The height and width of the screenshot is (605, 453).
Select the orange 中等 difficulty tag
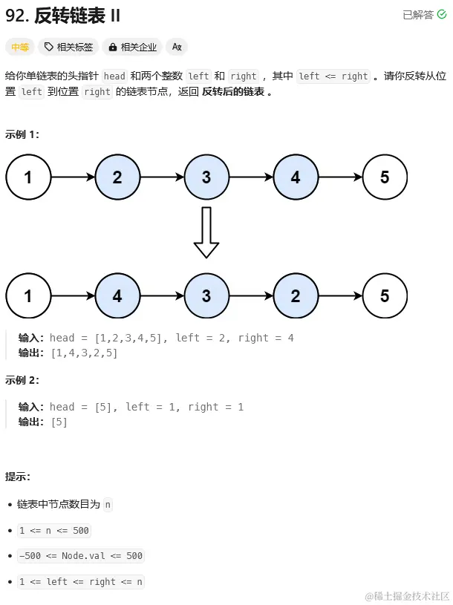[19, 47]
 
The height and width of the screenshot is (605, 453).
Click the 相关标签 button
[68, 47]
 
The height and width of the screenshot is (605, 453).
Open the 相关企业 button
[132, 47]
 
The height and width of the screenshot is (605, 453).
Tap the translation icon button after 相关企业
[177, 47]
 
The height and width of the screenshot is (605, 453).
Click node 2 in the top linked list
[117, 177]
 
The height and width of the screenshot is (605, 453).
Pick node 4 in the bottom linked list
[117, 295]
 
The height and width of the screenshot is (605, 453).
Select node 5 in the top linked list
[384, 177]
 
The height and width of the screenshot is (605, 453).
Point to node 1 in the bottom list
[28, 295]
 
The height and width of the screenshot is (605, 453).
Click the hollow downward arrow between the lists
[206, 232]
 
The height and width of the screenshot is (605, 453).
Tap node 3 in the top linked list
[206, 177]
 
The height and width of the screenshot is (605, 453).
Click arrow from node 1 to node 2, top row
[73, 177]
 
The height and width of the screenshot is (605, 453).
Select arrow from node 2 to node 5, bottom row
[340, 295]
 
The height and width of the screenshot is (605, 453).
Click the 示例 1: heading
[22, 134]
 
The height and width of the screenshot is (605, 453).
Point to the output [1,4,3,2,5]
[84, 353]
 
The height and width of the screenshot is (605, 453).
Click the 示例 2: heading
[22, 380]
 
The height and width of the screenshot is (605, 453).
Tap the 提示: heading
[18, 476]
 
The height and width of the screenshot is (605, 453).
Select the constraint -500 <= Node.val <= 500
[81, 555]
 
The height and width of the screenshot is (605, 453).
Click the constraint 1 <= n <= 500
[55, 530]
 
